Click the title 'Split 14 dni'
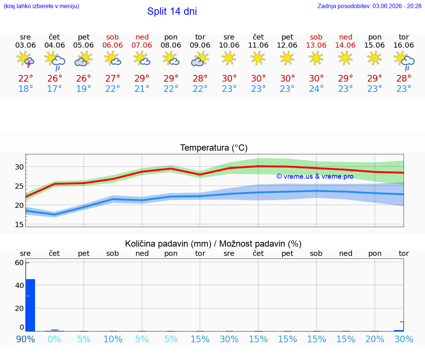click(172, 11)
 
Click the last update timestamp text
click(369, 6)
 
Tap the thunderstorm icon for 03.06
click(25, 59)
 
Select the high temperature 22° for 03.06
click(25, 78)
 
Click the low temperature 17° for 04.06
click(55, 89)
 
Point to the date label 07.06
click(142, 45)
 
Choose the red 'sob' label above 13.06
click(316, 37)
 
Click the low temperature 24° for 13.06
click(316, 89)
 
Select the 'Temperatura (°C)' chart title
click(214, 148)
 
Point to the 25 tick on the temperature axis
click(19, 186)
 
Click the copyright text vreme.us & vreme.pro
click(315, 176)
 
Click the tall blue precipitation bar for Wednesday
click(31, 305)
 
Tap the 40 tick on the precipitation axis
click(20, 285)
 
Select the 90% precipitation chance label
click(25, 339)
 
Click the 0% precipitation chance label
click(55, 339)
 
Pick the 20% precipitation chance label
click(375, 339)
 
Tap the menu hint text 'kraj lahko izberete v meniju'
click(41, 6)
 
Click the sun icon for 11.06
click(258, 58)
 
